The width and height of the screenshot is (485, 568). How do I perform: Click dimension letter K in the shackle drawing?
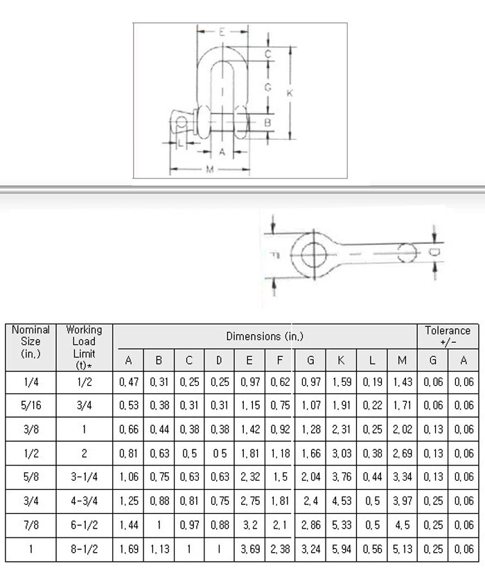click(290, 93)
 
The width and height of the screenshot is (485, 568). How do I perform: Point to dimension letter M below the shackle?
click(210, 169)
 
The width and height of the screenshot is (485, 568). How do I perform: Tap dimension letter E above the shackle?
click(222, 32)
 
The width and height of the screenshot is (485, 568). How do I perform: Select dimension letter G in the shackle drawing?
click(267, 87)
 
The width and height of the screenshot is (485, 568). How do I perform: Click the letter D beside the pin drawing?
click(433, 252)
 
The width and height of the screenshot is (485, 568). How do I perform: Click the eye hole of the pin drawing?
click(314, 254)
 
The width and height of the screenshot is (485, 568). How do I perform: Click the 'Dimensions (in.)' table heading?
click(265, 336)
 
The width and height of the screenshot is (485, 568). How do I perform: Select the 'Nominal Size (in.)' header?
click(30, 341)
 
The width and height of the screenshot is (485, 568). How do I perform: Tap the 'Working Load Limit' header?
click(84, 347)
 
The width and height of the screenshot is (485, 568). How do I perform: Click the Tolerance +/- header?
click(448, 336)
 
